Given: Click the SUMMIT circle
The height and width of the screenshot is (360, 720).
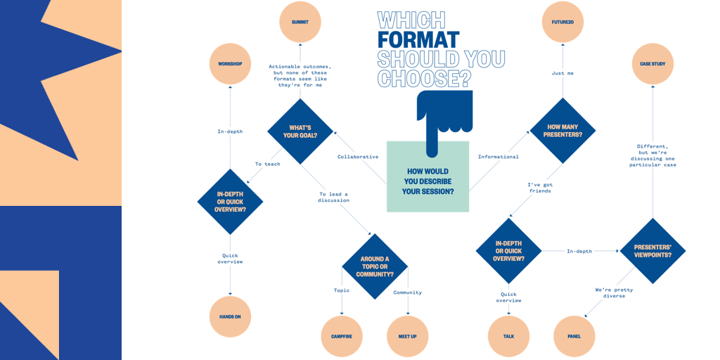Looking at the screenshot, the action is click(300, 22).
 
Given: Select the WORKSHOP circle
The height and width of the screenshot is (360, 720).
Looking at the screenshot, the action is click(230, 64).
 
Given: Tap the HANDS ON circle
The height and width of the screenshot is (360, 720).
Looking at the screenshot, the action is click(230, 317).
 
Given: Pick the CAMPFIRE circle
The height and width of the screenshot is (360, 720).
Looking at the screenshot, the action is click(342, 337).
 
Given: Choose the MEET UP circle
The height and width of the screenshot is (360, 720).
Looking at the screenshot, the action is click(408, 337).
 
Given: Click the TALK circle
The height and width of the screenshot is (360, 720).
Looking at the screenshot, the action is click(509, 337).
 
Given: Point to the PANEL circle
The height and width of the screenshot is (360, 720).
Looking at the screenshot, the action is click(574, 337).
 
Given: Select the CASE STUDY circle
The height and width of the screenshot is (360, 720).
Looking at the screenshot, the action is click(652, 64).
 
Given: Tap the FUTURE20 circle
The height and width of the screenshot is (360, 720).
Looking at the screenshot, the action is click(562, 22).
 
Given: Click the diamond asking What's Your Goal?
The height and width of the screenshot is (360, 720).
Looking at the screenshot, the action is click(300, 131).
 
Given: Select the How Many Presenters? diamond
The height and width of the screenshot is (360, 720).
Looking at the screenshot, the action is click(563, 130).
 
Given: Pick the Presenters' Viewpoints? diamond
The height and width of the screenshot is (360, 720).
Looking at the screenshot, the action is click(652, 251).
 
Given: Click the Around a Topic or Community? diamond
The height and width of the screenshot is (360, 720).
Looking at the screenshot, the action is click(375, 266).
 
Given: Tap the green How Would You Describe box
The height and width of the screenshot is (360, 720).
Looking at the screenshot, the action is click(428, 176).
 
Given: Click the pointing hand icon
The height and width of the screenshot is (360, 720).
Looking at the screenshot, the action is click(444, 122).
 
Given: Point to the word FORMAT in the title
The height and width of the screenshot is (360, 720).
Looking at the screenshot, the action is click(418, 39).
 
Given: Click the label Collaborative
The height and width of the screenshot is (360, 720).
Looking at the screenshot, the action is click(358, 157).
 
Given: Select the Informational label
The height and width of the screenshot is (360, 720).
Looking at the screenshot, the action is click(499, 157).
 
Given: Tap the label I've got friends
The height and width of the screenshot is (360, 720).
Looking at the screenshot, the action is click(539, 187).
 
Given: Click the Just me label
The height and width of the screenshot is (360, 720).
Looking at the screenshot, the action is click(562, 73).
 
